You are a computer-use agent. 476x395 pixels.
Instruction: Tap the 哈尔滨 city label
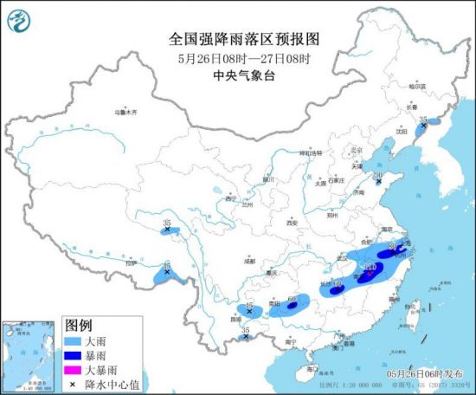point(417,87)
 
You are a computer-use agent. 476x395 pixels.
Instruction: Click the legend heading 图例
point(79,327)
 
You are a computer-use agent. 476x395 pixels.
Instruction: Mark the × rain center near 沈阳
point(423,126)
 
